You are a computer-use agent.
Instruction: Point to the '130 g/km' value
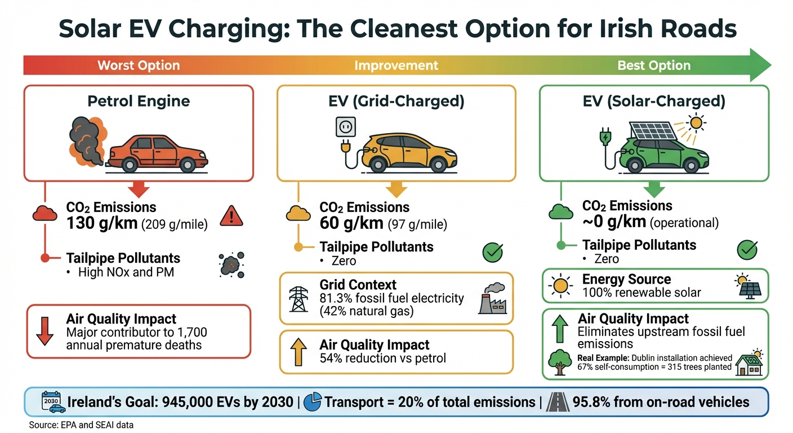102,223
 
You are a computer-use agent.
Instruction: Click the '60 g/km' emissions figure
352,224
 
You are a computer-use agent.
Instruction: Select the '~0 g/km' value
614,222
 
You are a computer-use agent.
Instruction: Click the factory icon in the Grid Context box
492,298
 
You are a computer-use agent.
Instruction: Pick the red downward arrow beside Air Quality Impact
44,331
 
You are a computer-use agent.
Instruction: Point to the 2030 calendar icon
51,402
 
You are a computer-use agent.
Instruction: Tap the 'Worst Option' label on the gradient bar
139,65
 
